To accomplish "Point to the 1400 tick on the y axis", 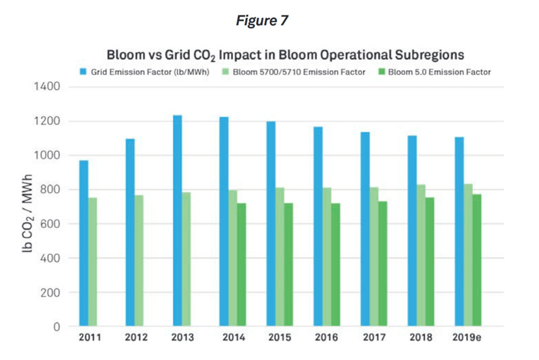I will (47, 87).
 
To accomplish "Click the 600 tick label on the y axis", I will (51, 224).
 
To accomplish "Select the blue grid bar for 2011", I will (84, 243).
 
